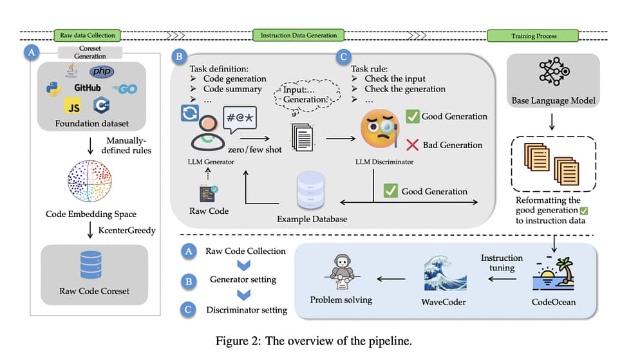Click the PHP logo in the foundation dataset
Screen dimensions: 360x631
pos(102,72)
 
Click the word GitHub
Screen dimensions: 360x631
pos(87,88)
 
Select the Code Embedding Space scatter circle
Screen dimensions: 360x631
pos(89,182)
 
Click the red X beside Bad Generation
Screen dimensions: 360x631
pos(412,145)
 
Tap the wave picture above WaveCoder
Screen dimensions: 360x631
pos(444,274)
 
